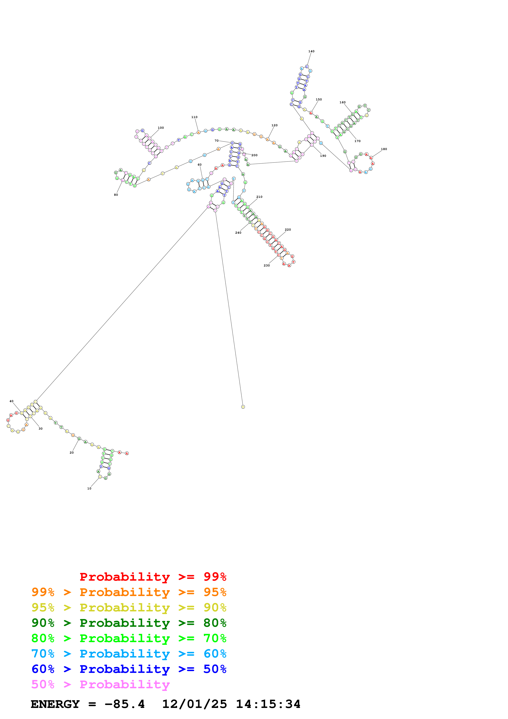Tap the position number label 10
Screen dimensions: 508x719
[x=89, y=488]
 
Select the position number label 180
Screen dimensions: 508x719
[x=384, y=149]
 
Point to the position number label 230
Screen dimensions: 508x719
[x=266, y=266]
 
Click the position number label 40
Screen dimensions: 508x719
[x=12, y=401]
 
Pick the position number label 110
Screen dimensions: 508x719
[x=194, y=117]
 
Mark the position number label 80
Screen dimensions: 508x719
[x=116, y=195]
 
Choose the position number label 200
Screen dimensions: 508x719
[x=255, y=155]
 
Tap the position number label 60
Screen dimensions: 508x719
[x=200, y=165]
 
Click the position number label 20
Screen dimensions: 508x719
[x=72, y=453]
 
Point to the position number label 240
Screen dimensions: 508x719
[x=238, y=233]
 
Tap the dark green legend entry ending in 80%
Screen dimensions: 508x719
[x=129, y=623]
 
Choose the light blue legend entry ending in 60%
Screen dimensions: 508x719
[x=129, y=654]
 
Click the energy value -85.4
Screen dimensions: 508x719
[x=125, y=704]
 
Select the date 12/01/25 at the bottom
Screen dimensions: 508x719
[x=194, y=704]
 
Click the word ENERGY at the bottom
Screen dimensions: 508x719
[x=55, y=704]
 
